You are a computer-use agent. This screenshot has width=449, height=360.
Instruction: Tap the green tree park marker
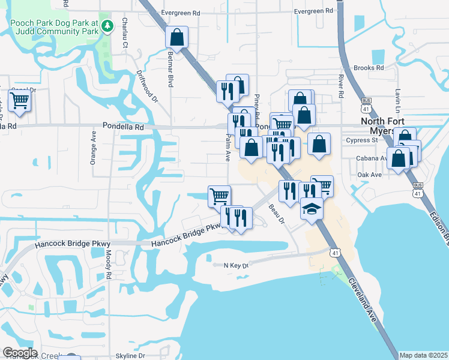click(107, 25)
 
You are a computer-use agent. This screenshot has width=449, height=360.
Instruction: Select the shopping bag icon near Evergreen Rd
click(177, 37)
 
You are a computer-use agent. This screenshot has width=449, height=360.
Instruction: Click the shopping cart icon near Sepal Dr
click(20, 103)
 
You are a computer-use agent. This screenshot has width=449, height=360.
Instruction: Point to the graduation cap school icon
click(312, 209)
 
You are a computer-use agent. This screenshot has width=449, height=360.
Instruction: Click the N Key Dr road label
click(235, 265)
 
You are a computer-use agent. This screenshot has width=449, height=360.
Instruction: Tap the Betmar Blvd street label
click(170, 69)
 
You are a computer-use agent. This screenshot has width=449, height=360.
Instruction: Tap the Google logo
click(20, 353)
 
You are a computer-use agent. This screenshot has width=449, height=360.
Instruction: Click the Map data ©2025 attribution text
click(423, 355)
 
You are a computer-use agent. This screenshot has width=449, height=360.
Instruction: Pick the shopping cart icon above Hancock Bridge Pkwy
click(219, 196)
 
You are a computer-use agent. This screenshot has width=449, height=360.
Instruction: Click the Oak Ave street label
click(369, 175)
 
